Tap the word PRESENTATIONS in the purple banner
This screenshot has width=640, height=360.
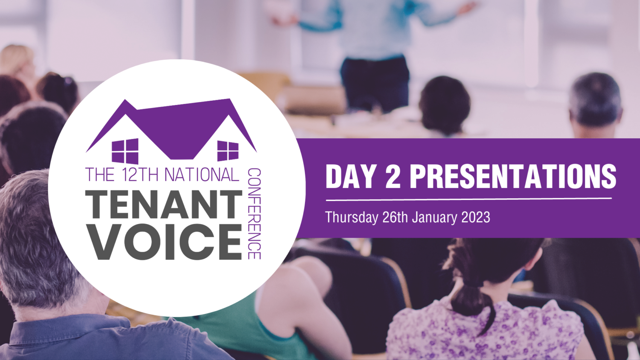coord(513,176)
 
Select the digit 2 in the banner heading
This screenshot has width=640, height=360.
coord(393,176)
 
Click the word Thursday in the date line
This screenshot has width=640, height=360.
coord(351,217)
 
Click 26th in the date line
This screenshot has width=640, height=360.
coord(395,217)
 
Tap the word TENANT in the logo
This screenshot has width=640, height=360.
coord(164,205)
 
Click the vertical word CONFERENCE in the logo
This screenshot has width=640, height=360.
coord(254,213)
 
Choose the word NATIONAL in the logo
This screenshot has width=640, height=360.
coord(201,175)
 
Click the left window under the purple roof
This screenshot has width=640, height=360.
coord(125,151)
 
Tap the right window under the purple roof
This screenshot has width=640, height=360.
coord(228,151)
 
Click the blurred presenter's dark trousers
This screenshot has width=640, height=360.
coord(375,81)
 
